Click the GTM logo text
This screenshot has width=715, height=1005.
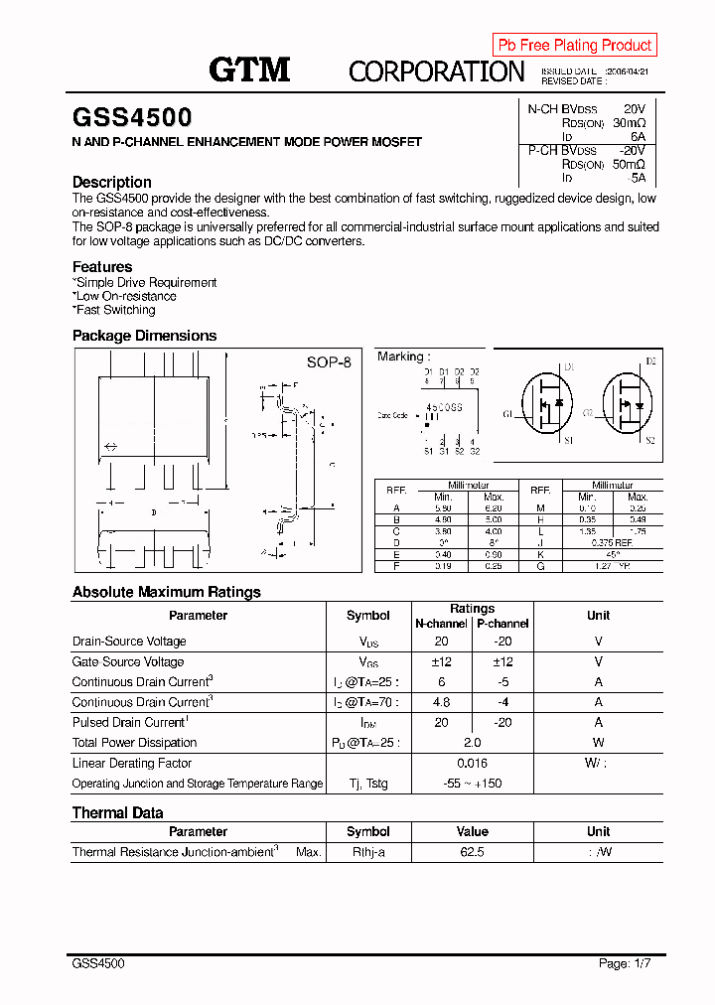click(x=249, y=70)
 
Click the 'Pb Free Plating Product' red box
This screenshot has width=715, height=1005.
click(x=574, y=45)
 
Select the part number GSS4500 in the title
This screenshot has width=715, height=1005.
click(x=132, y=118)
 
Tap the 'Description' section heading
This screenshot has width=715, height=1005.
click(x=112, y=182)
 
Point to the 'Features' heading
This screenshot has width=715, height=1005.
click(x=102, y=266)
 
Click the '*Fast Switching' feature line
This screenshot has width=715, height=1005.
click(x=114, y=310)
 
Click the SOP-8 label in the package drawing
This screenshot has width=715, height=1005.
click(x=329, y=362)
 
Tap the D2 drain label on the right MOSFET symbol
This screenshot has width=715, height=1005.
click(x=650, y=361)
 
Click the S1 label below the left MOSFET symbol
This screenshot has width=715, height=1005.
click(x=568, y=440)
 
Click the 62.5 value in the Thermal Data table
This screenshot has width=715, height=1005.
click(x=472, y=852)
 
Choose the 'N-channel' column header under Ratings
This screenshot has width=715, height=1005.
click(x=441, y=624)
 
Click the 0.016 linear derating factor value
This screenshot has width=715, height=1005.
click(x=472, y=763)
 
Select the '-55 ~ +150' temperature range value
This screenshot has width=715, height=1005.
click(x=472, y=784)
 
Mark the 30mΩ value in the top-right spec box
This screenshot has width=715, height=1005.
click(x=628, y=123)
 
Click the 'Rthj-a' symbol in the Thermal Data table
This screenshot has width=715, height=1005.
click(x=367, y=852)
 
